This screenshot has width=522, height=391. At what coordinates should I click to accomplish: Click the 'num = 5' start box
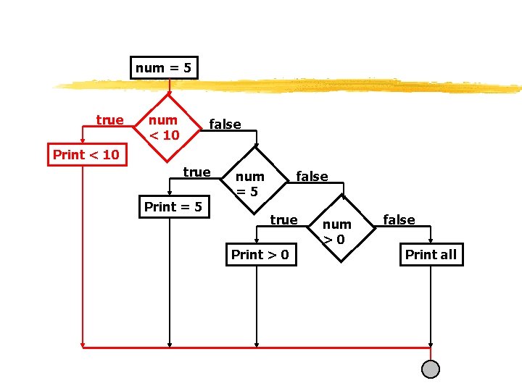(x=164, y=68)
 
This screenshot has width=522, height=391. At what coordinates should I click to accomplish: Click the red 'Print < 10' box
(x=86, y=154)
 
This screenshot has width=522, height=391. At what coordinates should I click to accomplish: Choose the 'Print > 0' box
(x=260, y=254)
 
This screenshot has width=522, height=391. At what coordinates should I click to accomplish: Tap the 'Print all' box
(x=431, y=254)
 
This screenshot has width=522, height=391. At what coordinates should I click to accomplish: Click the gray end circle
(x=431, y=369)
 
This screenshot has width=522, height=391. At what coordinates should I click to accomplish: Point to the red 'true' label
(x=109, y=120)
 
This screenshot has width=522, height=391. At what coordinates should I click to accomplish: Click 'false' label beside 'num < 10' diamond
(x=225, y=125)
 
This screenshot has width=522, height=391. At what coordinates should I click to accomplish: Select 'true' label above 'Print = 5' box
(x=196, y=172)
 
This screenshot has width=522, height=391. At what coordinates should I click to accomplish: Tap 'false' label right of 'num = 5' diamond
(x=312, y=176)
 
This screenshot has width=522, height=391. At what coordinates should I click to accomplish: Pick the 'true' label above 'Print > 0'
(x=283, y=219)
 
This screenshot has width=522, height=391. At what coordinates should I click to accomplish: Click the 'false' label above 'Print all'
(x=399, y=219)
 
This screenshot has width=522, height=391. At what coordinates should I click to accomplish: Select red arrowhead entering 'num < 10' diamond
(x=169, y=93)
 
